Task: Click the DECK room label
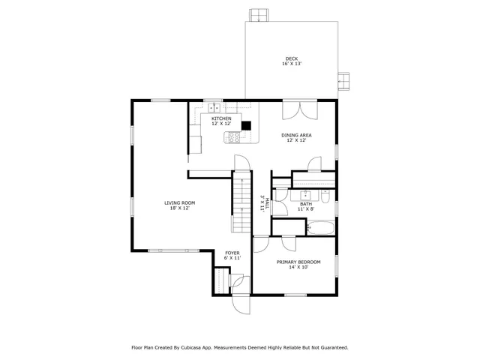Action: [x=291, y=58]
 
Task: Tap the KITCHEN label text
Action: [x=221, y=118]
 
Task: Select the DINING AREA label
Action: [x=296, y=135]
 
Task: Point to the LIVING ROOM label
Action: [x=180, y=202]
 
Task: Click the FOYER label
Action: [x=232, y=253]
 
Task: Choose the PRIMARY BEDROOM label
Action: [x=298, y=262]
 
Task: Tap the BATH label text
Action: [x=306, y=204]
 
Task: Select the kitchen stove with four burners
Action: [x=233, y=137]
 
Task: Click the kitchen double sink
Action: [x=214, y=107]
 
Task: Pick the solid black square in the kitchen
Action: [x=245, y=126]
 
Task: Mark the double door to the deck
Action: [x=295, y=110]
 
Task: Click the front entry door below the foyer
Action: [x=241, y=300]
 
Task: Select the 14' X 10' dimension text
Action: [x=298, y=267]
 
